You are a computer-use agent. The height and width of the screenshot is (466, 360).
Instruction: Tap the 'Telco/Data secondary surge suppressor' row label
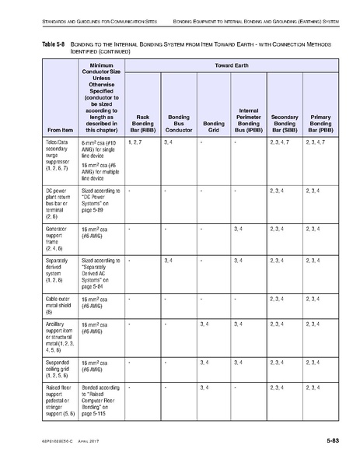(x=59, y=156)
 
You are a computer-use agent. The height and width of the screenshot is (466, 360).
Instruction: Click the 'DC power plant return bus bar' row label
(x=59, y=201)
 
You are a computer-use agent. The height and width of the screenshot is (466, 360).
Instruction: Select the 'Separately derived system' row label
(x=58, y=269)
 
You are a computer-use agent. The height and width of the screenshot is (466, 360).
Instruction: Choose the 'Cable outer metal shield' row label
(x=58, y=303)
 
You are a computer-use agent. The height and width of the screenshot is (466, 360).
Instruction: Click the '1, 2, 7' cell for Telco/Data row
(x=135, y=143)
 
